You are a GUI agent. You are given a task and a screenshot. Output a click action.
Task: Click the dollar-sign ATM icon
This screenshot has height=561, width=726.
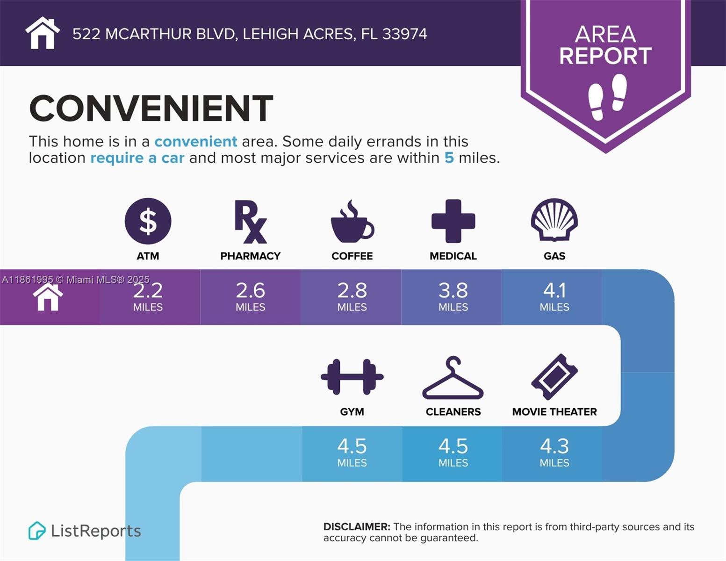click(148, 221)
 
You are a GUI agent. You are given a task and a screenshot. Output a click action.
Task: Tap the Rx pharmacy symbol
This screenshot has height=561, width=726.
click(250, 222)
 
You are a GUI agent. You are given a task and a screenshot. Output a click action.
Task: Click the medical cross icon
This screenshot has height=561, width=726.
click(453, 221)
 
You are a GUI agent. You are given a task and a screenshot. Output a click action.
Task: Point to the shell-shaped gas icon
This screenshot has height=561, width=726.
click(554, 220)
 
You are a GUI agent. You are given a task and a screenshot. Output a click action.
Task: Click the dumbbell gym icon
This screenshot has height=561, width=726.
click(352, 377)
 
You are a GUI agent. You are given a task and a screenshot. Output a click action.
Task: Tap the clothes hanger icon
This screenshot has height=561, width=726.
click(453, 378)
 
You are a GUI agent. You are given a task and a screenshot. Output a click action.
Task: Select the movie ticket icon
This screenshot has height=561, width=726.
click(554, 377)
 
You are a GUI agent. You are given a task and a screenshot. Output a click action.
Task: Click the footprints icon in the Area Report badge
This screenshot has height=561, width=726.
click(607, 96)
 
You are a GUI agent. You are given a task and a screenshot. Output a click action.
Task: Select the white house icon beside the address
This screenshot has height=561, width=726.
click(43, 33)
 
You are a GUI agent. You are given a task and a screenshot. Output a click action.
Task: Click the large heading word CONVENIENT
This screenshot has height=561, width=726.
click(151, 108)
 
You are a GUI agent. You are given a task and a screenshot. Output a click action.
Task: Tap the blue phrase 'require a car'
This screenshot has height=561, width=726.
click(137, 158)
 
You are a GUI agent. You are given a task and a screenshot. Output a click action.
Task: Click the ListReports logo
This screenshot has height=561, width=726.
click(85, 531)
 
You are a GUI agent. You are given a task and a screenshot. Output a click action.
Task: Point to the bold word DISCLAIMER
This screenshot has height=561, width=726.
click(357, 527)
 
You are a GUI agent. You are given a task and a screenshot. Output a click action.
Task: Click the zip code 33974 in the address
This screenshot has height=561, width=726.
click(404, 34)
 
